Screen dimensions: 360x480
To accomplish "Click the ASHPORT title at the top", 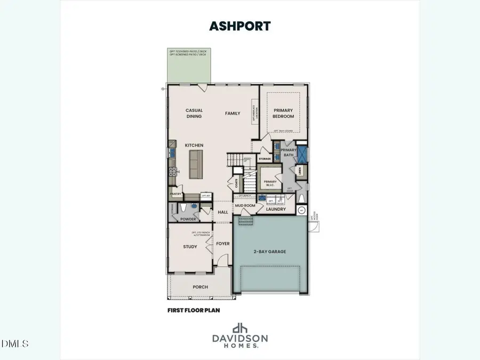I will [241, 26].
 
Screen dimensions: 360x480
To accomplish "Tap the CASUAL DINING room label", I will [194, 113].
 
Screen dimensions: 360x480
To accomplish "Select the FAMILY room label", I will [233, 113].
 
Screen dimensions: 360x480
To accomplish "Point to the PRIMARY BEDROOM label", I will [284, 113].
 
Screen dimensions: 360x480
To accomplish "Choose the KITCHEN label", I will [194, 145].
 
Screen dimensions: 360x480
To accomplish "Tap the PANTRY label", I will [175, 194].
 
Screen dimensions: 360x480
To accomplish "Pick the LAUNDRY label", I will [276, 209].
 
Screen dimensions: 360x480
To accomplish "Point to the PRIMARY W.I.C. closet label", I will [270, 183].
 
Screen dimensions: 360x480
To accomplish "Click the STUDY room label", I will [190, 246].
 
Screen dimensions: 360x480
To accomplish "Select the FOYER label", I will [223, 244].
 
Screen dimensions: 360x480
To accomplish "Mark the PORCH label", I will [200, 287].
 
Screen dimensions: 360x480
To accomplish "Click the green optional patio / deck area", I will [188, 68].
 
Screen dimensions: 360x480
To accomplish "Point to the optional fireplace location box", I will [254, 112].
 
